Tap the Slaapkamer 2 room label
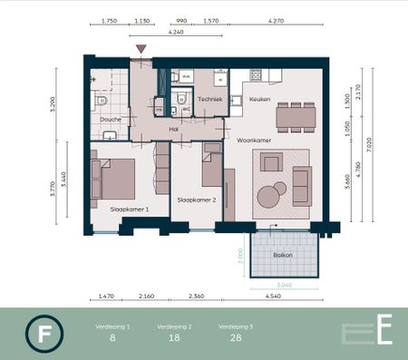click(196, 200)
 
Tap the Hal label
click(173, 130)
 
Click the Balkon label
click(283, 256)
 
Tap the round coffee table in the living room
click(270, 196)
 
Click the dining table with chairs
click(296, 116)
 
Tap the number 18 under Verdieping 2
click(173, 337)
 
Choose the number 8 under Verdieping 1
click(112, 337)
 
